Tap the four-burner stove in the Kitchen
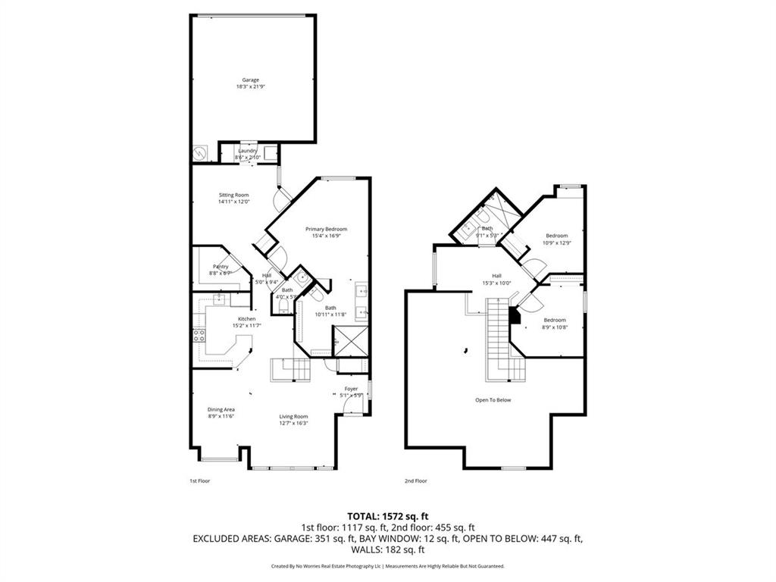(200, 335)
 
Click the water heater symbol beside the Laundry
(200, 152)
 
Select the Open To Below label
(493, 399)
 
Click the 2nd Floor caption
(415, 481)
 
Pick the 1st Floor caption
(199, 481)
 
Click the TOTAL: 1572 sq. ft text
(388, 517)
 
